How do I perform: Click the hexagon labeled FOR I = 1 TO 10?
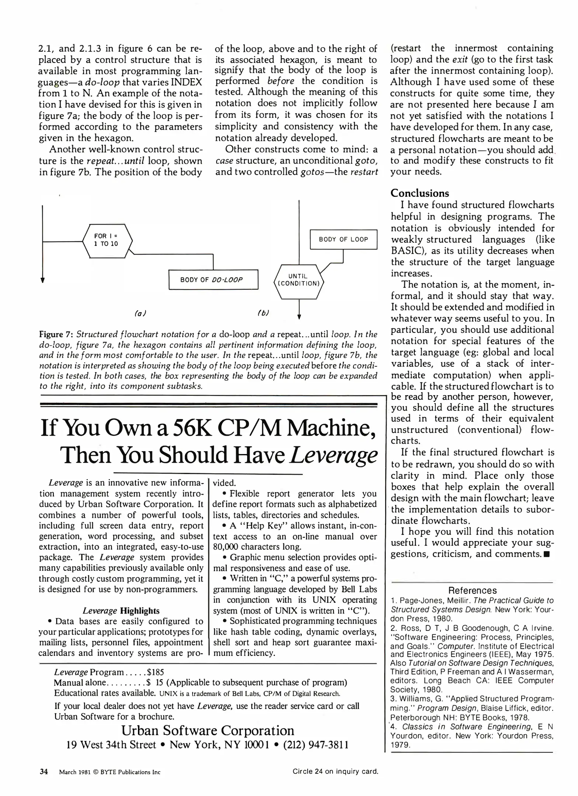107,241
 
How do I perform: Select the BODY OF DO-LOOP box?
213,280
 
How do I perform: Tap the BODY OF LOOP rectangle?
343,240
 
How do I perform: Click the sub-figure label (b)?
263,313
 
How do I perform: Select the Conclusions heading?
419,193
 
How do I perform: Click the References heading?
472,590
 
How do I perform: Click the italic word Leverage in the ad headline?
334,455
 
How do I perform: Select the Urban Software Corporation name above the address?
208,730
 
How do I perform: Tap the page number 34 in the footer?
44,772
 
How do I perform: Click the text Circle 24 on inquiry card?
335,771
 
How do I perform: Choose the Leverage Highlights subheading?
121,611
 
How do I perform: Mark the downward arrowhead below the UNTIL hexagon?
299,317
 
